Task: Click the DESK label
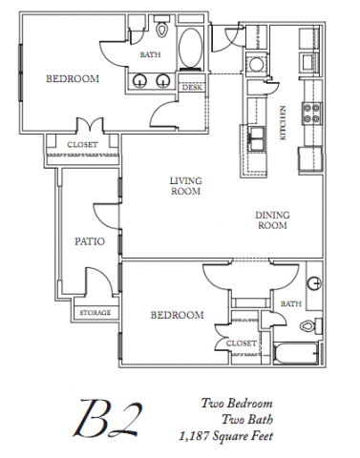192,87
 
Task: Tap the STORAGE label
95,312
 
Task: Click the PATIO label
90,241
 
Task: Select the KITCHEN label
283,123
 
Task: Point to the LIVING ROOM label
186,186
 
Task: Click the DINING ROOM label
272,220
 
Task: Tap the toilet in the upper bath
162,27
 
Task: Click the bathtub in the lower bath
296,353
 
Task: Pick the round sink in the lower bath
314,282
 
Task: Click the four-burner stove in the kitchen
312,113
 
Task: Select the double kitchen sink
256,138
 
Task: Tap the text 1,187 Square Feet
225,436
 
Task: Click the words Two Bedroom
237,404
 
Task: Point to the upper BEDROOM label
73,78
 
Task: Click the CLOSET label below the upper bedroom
82,145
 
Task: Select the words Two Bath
247,420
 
